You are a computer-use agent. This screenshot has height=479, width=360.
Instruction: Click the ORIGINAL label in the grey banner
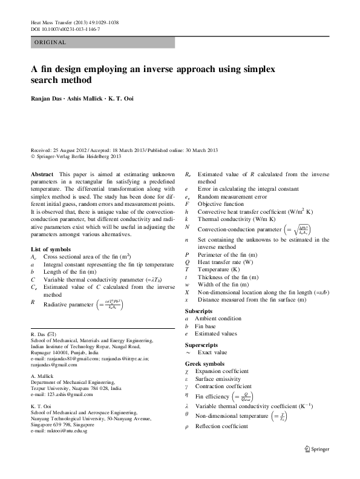[50, 43]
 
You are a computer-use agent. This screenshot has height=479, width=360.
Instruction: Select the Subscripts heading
[199, 311]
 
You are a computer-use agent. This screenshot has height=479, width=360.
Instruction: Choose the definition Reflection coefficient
[223, 427]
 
